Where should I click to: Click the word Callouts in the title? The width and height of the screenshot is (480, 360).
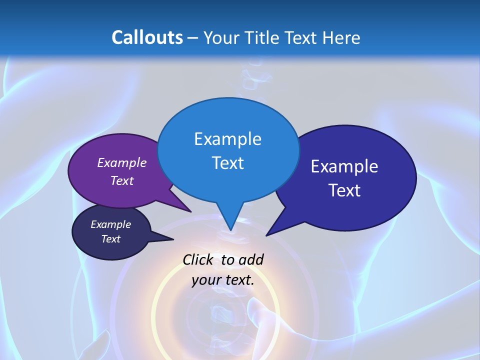click(x=147, y=37)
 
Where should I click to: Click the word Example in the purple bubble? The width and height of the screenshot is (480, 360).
click(x=122, y=162)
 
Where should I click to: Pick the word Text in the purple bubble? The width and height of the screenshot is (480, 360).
click(x=122, y=180)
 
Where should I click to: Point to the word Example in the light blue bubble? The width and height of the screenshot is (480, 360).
click(x=227, y=138)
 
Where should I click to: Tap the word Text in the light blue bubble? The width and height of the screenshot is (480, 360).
click(x=227, y=163)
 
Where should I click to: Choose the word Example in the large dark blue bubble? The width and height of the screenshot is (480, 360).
click(x=344, y=166)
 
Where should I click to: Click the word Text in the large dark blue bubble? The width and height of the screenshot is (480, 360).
click(x=344, y=190)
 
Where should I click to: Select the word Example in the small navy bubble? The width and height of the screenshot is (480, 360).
click(x=111, y=224)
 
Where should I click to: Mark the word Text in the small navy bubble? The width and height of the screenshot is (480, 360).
click(x=111, y=239)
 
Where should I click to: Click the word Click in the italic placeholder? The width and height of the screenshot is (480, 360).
click(x=198, y=259)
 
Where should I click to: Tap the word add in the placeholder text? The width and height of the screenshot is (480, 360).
click(x=250, y=259)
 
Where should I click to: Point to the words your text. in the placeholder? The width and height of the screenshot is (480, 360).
click(x=223, y=280)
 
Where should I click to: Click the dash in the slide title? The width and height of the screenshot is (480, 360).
click(x=193, y=37)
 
